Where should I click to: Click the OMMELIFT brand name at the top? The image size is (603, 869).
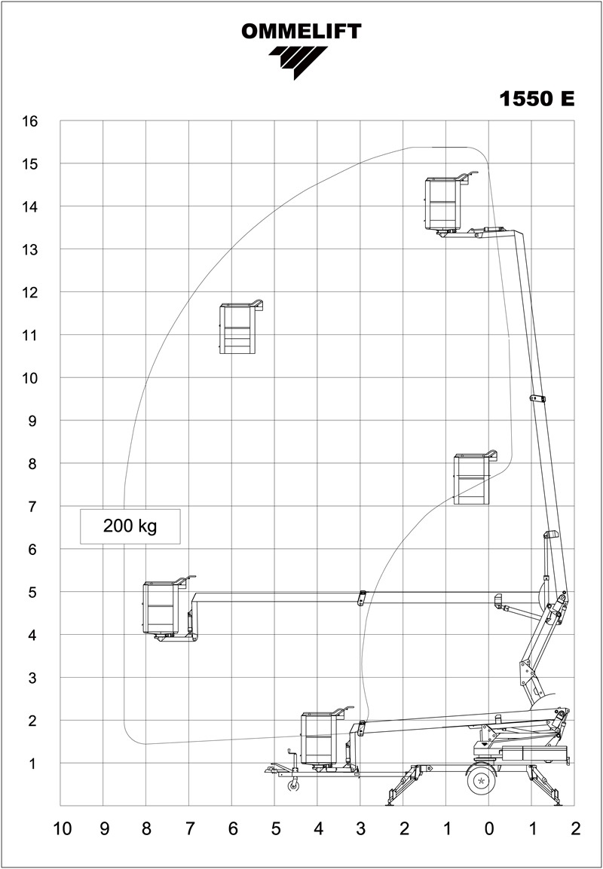(301, 32)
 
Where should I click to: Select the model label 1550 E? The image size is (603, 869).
(537, 99)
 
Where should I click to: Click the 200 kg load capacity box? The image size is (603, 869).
(130, 526)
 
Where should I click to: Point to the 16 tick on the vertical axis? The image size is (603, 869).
(30, 120)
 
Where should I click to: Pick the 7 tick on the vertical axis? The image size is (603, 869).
(32, 507)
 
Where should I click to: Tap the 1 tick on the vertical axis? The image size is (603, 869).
(32, 764)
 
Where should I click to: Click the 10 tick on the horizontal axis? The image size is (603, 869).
(62, 829)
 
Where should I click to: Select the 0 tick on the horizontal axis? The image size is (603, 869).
(488, 829)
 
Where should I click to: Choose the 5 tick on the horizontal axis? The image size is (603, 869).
(275, 829)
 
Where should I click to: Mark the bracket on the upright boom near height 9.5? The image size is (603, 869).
(537, 398)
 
